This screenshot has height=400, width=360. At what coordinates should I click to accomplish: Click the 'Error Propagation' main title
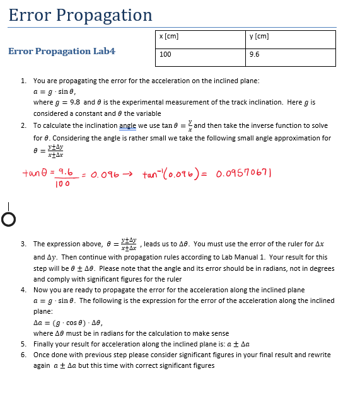pos(80,15)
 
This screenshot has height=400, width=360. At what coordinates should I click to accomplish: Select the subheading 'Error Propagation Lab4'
pos(62,51)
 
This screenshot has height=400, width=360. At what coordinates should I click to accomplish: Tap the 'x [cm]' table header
pos(170,37)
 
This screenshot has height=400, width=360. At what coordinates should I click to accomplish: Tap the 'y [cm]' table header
pos(260,37)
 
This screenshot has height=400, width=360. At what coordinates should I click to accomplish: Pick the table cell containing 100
pos(166,55)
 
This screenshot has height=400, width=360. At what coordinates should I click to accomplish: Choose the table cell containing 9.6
pos(255,55)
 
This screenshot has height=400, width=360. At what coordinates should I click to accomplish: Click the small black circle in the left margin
pos(8,219)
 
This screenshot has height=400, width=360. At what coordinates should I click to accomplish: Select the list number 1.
pos(23,81)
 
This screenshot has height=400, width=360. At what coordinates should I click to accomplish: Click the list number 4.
pos(23,290)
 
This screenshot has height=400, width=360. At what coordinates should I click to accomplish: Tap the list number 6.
pos(23,355)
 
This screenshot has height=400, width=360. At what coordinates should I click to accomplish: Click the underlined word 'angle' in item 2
pos(128,125)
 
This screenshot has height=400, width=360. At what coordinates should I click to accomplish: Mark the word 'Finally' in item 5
pos(44,345)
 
